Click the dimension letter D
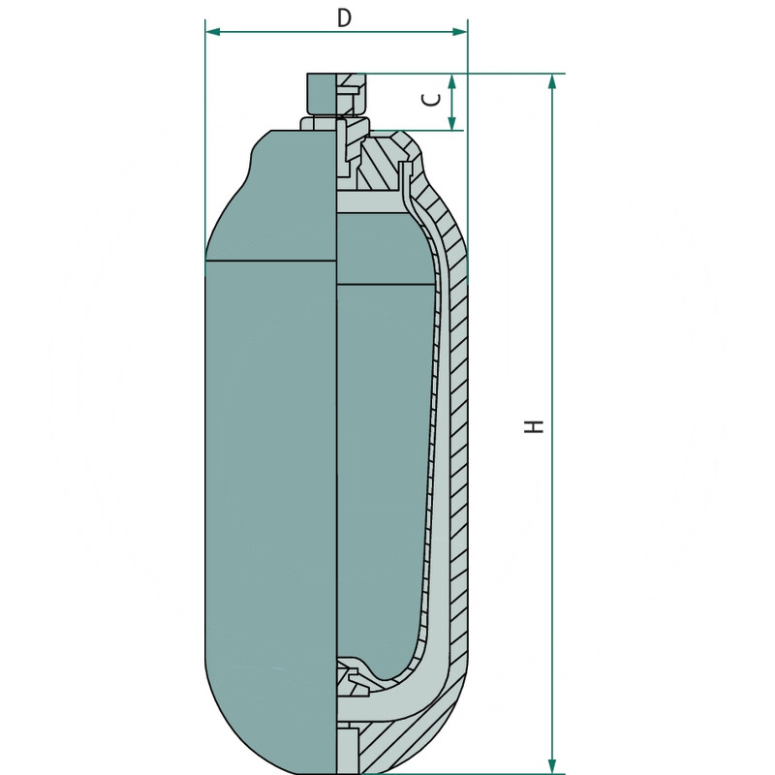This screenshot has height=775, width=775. [x=343, y=16]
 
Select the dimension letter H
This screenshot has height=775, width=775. [x=535, y=425]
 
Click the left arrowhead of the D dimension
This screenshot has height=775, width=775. [x=212, y=32]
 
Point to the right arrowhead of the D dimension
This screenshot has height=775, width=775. [x=461, y=32]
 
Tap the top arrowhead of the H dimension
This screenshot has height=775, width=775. [x=552, y=81]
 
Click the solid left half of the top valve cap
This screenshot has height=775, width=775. [x=321, y=94]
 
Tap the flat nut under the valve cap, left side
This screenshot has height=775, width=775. [x=319, y=124]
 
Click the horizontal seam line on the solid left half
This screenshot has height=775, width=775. [x=271, y=262]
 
